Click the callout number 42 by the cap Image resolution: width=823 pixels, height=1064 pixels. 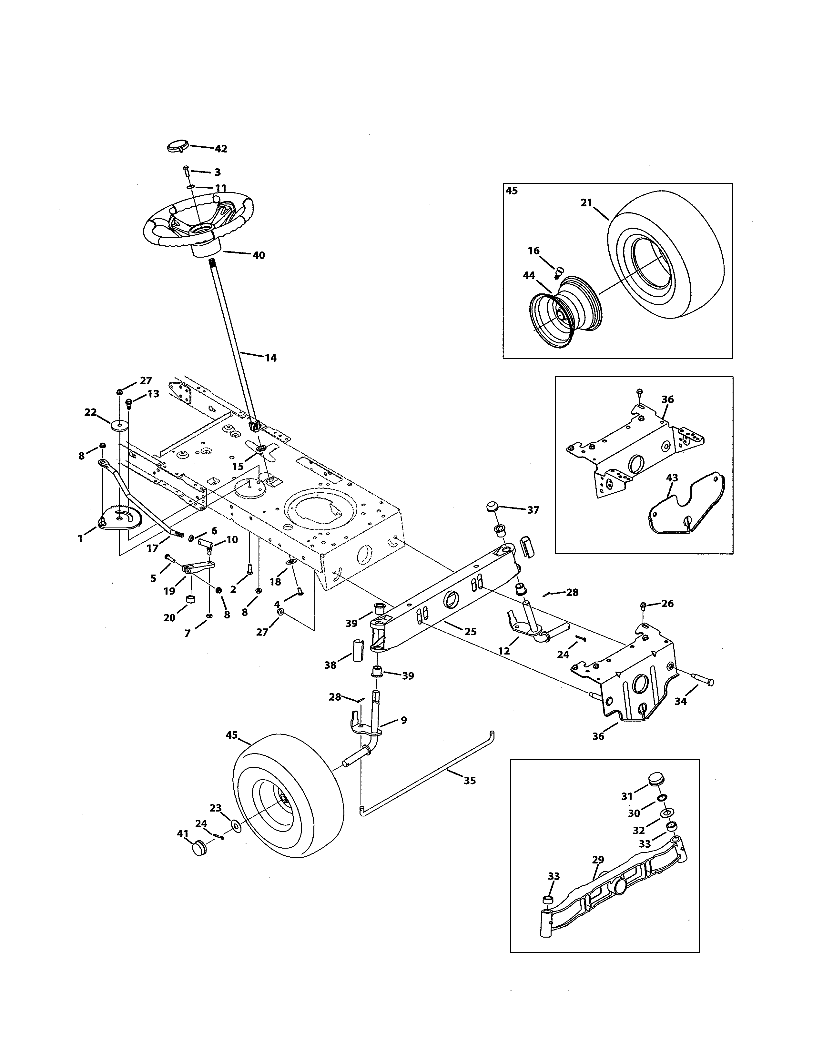click(x=221, y=149)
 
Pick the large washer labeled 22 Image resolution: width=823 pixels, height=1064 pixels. click(x=119, y=426)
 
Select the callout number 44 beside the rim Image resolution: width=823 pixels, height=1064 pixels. click(x=529, y=275)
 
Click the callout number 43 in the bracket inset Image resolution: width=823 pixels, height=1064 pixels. click(x=672, y=478)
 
